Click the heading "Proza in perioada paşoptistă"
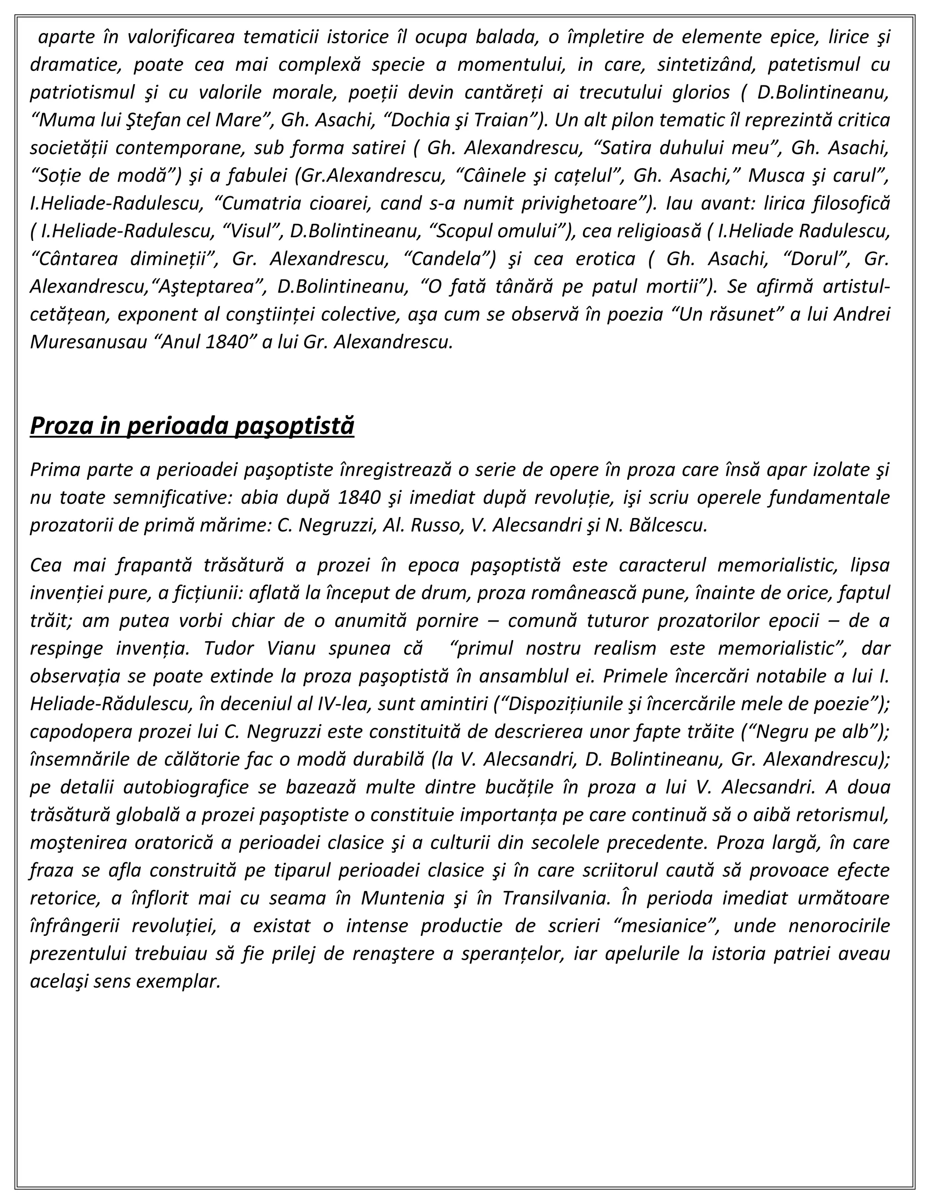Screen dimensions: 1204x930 (x=192, y=426)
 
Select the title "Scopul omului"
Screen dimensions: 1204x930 (x=498, y=231)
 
